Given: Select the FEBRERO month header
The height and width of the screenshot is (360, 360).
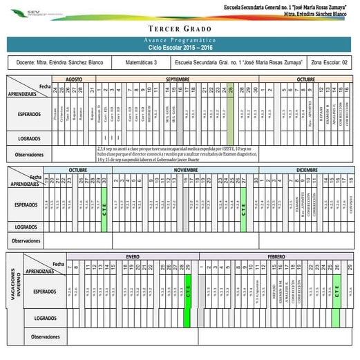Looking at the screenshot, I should click(276, 256).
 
